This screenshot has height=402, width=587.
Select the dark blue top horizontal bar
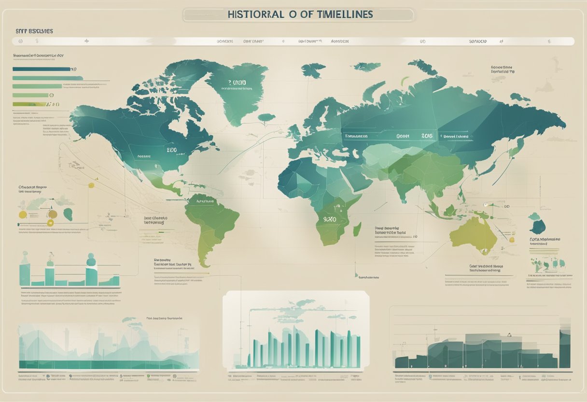[41, 69]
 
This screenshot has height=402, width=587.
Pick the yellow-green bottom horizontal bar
[28, 104]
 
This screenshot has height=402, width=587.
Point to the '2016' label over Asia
[427, 136]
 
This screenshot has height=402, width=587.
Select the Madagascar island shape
[357, 229]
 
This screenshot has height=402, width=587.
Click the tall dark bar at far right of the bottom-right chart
[564, 349]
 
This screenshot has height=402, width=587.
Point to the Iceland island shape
[266, 117]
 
